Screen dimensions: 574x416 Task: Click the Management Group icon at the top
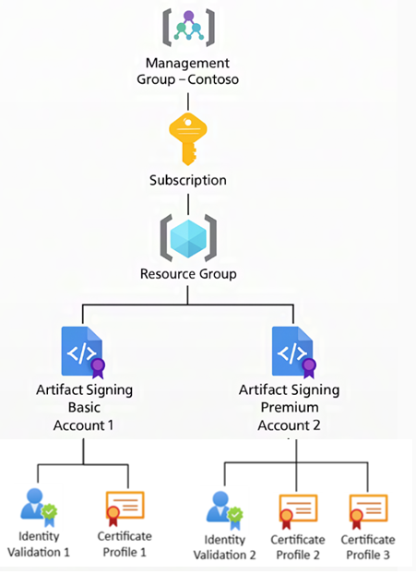(188, 30)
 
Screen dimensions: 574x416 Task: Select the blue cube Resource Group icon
(188, 235)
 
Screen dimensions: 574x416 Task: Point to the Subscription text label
(188, 180)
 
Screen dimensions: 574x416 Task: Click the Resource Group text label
(188, 273)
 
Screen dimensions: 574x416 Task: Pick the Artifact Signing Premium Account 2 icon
(294, 351)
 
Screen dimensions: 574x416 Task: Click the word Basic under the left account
(83, 407)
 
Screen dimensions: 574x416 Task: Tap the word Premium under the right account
(291, 407)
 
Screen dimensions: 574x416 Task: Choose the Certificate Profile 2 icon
(297, 508)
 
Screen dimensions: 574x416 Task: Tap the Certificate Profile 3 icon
(367, 508)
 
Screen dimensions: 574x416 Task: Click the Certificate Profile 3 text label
(367, 546)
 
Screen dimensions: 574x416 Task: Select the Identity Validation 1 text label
(39, 544)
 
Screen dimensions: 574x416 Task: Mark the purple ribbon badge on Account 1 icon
(98, 366)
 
